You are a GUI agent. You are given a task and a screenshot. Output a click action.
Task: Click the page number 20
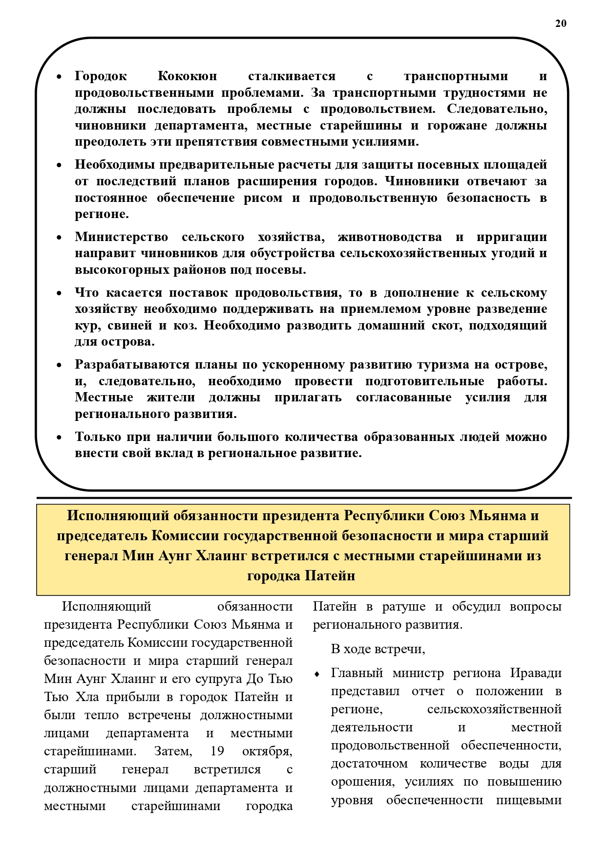coord(561,23)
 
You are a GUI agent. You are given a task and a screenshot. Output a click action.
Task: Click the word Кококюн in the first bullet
coord(187,76)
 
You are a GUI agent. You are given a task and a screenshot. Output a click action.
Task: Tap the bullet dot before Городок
coord(59,77)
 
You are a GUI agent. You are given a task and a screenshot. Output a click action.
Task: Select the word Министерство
coord(121,237)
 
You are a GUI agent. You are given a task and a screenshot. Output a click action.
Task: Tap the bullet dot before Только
coord(59,438)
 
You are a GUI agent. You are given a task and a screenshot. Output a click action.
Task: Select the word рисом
coord(263,198)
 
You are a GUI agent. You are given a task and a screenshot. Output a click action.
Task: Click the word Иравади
coord(536,673)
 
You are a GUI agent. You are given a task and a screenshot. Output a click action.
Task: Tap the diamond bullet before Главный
coord(317,674)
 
